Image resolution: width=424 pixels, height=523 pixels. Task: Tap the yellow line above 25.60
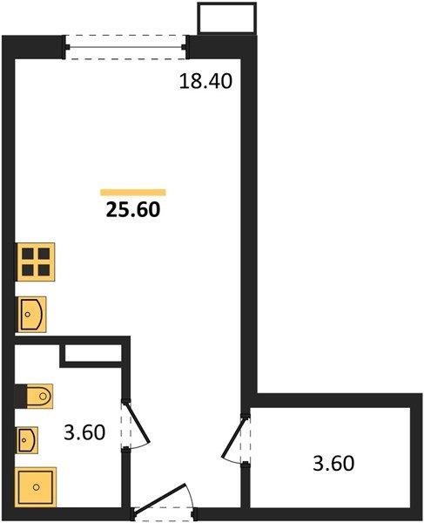click(133, 192)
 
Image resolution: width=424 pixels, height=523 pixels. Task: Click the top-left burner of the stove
click(27, 254)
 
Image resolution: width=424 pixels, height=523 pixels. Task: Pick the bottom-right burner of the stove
click(43, 268)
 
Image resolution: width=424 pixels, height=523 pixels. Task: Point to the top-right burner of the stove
click(43, 254)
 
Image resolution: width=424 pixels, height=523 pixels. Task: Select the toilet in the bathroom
click(35, 397)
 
